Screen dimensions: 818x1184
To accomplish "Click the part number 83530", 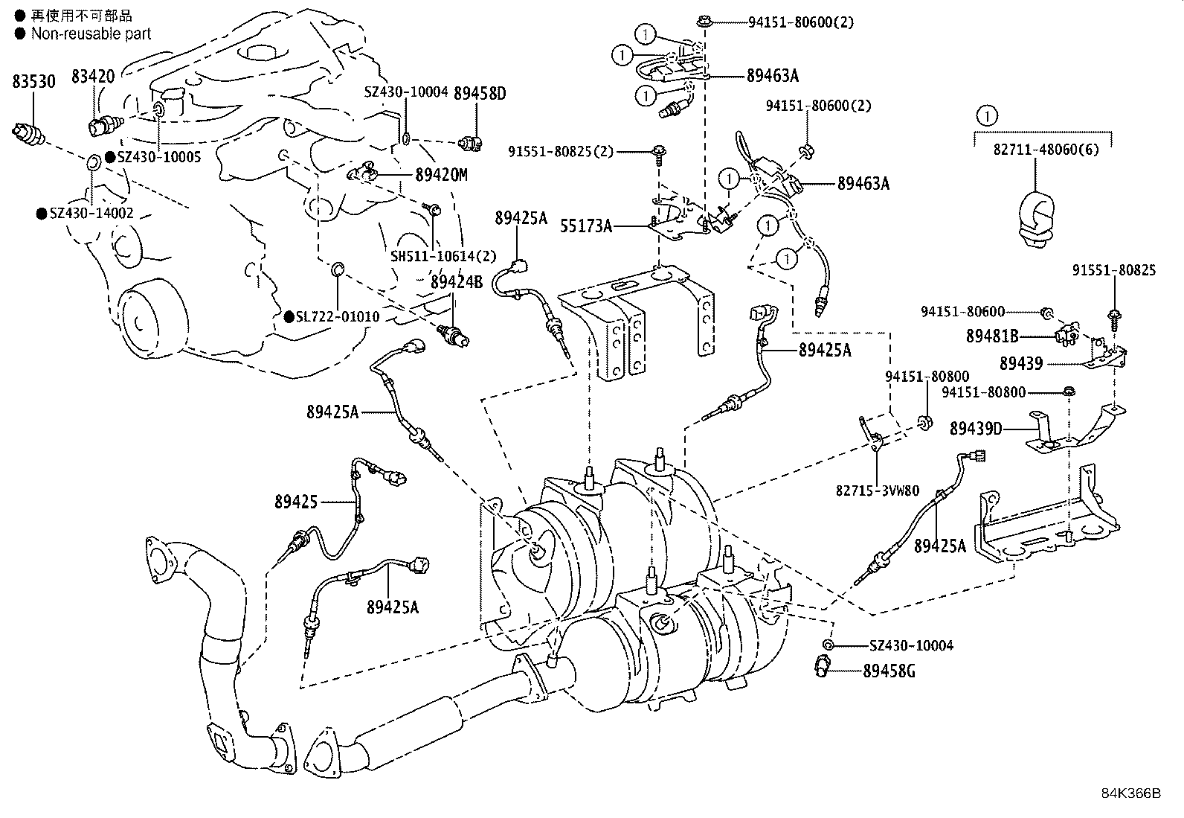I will coord(33,81).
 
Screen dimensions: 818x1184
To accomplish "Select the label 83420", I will coord(93,76).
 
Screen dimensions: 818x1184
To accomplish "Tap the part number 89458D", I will coord(479,94).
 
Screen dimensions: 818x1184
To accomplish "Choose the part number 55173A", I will coord(586,225).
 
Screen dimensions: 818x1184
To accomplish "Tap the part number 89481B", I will coord(991,336).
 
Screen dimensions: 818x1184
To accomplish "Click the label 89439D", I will coord(977,429).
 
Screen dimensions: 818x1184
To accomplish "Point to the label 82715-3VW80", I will coord(878,491).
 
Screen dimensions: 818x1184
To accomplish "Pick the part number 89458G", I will coord(889,671).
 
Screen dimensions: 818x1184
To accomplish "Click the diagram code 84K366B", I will coord(1130,793).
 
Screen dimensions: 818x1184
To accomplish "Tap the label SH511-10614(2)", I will coord(443,256).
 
